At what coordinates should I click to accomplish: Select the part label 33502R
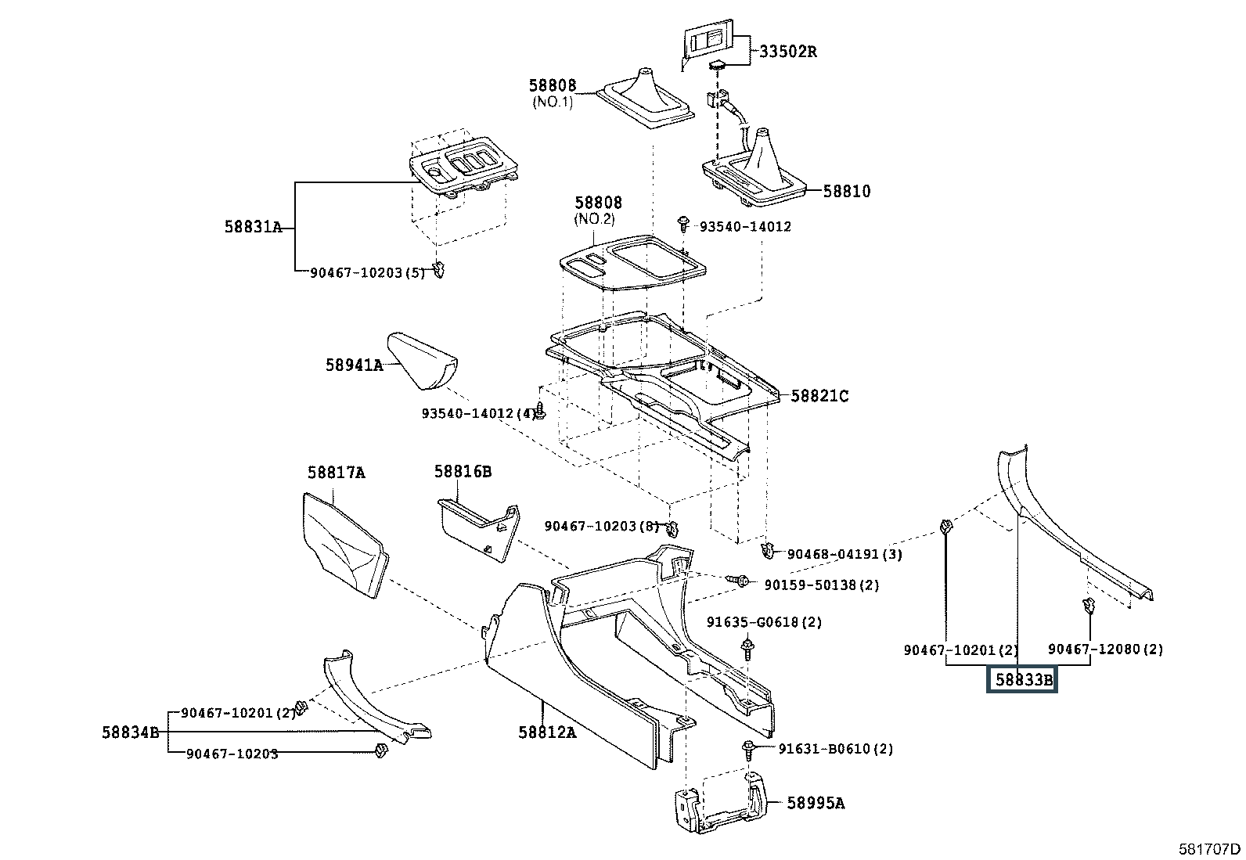click(x=788, y=51)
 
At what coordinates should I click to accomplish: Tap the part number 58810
click(x=847, y=191)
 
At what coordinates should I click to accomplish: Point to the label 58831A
click(x=253, y=226)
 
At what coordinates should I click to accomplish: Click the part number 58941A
click(x=355, y=365)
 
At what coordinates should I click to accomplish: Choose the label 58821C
click(x=820, y=395)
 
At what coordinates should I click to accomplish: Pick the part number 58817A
click(x=337, y=473)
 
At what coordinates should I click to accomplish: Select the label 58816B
click(x=463, y=471)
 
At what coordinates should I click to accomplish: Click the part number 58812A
click(x=547, y=732)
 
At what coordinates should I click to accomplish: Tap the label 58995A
click(x=816, y=803)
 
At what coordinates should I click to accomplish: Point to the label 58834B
click(x=131, y=732)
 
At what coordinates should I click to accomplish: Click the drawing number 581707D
click(x=1209, y=849)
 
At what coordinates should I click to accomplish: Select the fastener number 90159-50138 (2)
click(x=822, y=585)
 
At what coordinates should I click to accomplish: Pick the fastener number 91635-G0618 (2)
click(x=765, y=621)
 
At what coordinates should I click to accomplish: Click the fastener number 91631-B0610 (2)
click(x=835, y=748)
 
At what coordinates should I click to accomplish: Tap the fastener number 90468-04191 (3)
click(x=844, y=553)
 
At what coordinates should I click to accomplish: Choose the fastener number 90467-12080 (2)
click(x=1105, y=649)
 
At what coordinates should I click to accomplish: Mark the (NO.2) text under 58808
click(x=595, y=218)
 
